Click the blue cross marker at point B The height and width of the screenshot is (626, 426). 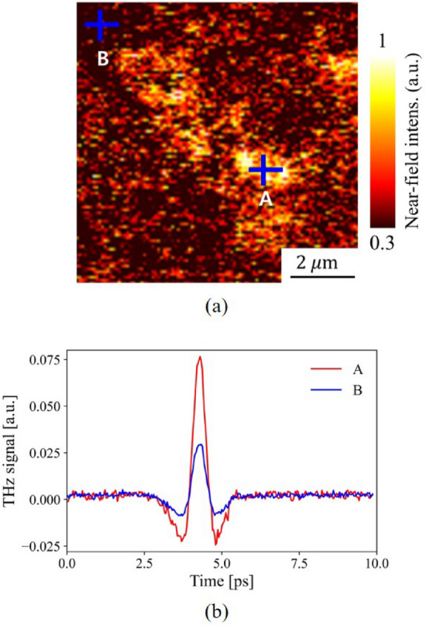click(101, 25)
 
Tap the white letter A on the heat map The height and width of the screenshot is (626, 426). click(265, 199)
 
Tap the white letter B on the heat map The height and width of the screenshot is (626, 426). click(102, 58)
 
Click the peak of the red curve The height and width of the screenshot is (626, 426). click(199, 358)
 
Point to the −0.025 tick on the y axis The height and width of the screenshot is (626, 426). click(43, 547)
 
